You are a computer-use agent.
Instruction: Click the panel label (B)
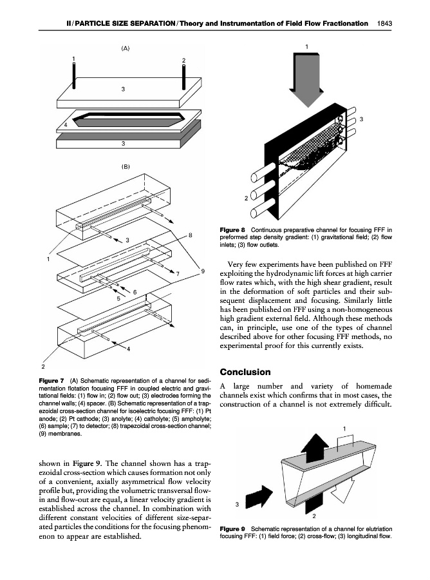[x=126, y=166]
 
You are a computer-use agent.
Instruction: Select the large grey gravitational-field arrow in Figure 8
[x=306, y=76]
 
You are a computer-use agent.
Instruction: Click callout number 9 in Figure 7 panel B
[x=203, y=271]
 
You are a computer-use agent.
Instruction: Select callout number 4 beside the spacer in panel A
[x=66, y=124]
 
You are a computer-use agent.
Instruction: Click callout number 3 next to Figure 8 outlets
[x=362, y=119]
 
